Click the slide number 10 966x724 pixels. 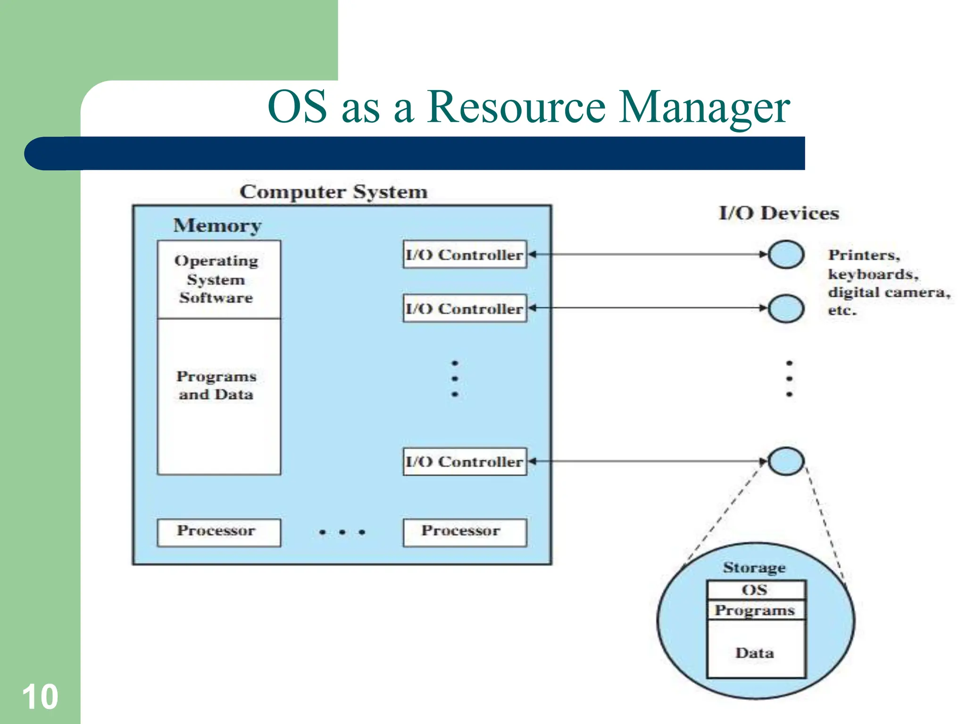coord(40,696)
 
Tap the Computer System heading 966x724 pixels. coord(333,192)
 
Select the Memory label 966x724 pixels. coord(217,225)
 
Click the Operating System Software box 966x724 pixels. coord(218,280)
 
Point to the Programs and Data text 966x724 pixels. coord(217,385)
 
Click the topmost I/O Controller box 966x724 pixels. coord(465,255)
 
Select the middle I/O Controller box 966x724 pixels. coord(465,308)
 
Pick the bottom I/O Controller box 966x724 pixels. coord(465,461)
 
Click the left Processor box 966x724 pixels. coord(218,532)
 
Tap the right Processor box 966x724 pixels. coord(465,532)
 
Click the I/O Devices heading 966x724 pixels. coord(779,213)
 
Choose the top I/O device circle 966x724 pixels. coord(786,255)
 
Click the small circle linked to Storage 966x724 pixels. coord(786,461)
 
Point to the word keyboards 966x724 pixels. coord(873,274)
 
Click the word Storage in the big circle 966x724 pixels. coord(754,568)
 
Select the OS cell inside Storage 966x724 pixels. coord(756,590)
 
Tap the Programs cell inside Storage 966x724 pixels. coord(756,610)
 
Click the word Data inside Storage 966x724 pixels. coord(755,653)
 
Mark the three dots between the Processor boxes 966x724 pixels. coord(342,532)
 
